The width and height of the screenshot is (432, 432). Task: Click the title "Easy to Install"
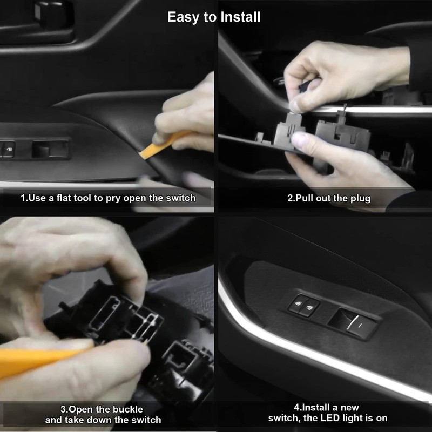pos(214,17)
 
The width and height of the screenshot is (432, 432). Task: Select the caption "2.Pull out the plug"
pos(329,198)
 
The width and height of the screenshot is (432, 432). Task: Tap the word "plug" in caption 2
pos(360,198)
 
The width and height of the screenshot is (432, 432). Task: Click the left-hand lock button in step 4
pos(298,307)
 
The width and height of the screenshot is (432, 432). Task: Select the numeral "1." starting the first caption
pos(24,198)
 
